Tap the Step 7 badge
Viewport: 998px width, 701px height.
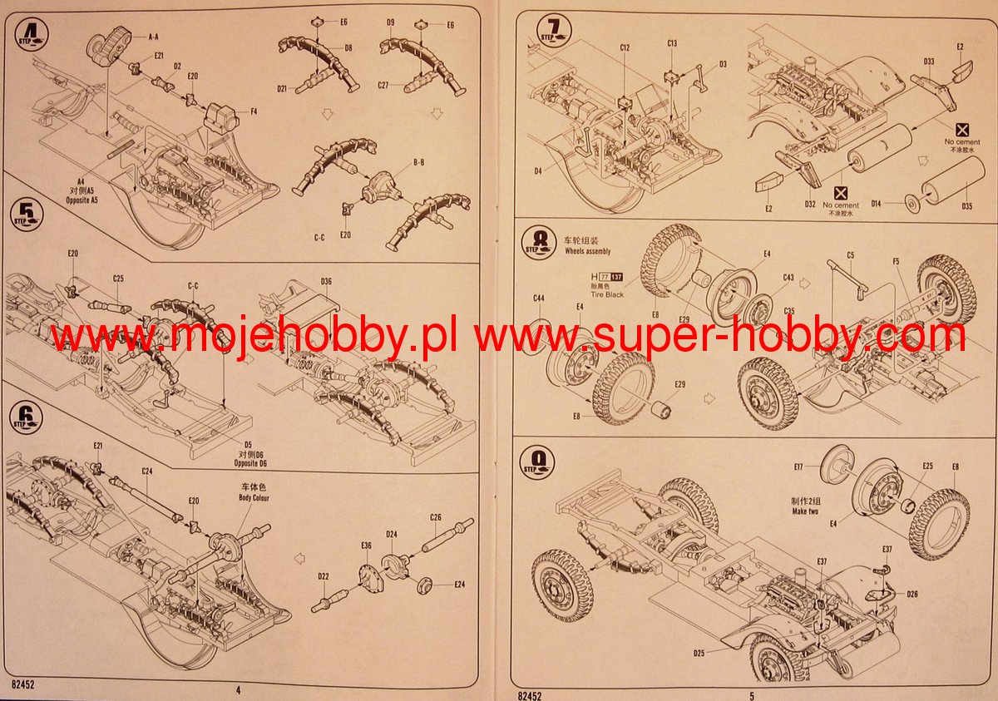(555, 32)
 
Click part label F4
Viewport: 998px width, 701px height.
(254, 111)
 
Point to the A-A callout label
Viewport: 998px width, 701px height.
(153, 37)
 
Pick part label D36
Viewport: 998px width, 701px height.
(326, 281)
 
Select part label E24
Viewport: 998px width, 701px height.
(459, 584)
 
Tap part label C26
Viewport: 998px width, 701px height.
(436, 517)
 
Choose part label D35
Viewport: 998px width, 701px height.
(966, 205)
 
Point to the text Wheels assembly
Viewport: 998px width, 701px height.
(587, 250)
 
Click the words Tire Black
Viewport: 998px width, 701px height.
(606, 294)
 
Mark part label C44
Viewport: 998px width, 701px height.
(539, 298)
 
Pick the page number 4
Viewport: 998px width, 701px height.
(238, 690)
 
